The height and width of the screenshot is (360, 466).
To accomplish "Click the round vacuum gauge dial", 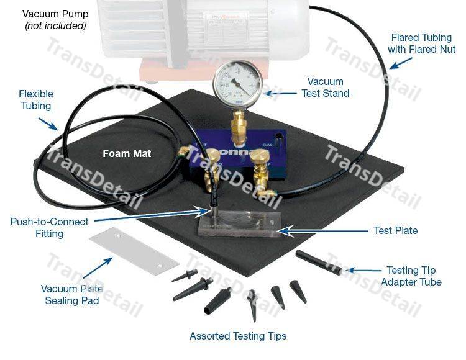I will click(238, 86).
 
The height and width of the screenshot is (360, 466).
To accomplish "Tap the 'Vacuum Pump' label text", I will click(55, 14).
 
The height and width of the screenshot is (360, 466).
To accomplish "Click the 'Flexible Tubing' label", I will click(35, 100).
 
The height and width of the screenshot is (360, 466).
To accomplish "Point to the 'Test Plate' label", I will click(395, 230).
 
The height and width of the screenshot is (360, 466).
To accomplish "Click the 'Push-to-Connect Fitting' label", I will click(50, 228).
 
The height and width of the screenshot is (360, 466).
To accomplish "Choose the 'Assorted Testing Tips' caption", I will click(238, 336).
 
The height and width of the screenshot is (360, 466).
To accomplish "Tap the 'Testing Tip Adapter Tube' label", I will click(411, 276).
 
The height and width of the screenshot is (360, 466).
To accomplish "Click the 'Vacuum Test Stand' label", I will click(325, 88).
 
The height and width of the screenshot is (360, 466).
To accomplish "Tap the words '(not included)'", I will click(55, 26).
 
